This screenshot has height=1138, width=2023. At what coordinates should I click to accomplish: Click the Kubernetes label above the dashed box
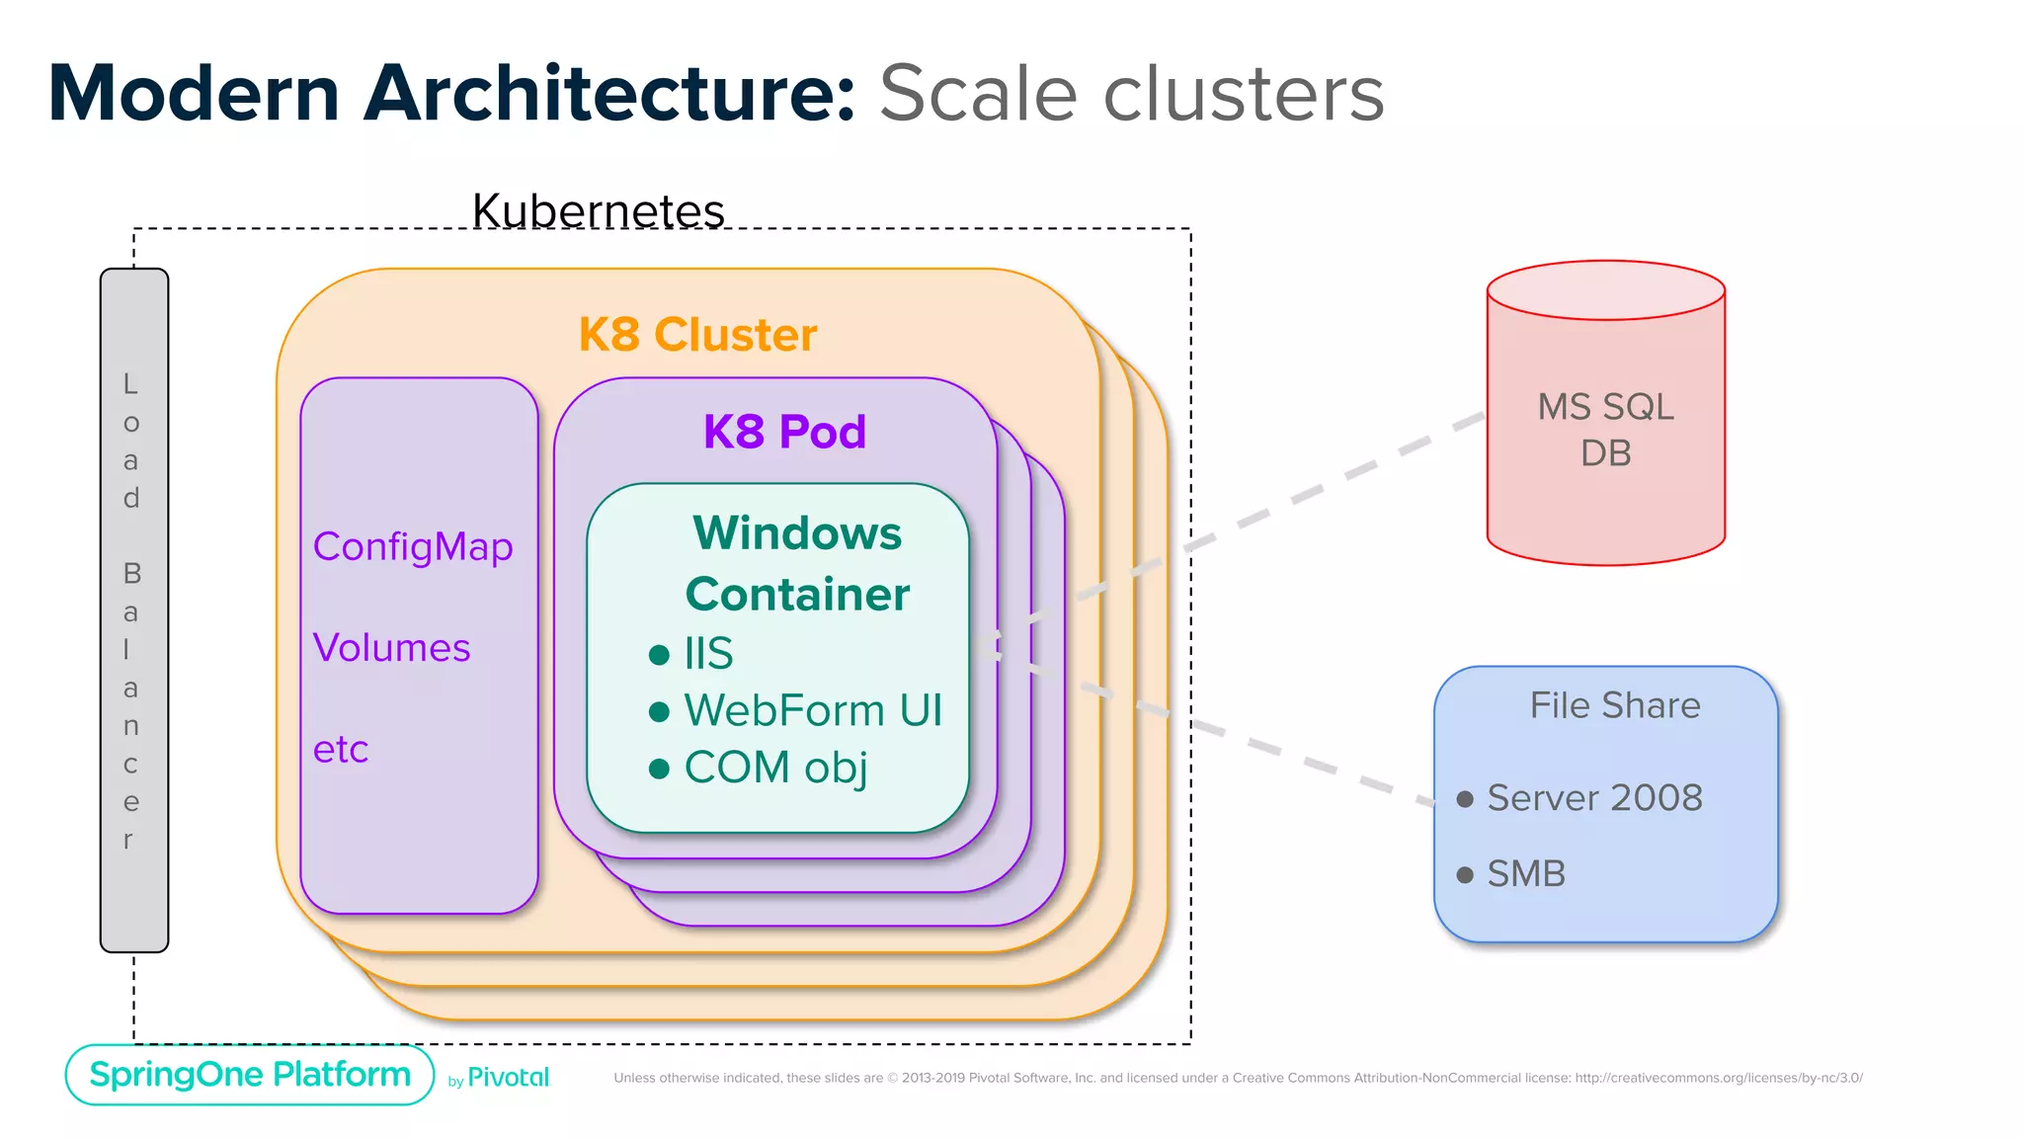[x=598, y=210]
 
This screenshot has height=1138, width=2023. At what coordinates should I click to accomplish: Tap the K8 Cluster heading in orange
[x=697, y=335]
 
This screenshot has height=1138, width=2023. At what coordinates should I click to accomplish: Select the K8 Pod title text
[x=784, y=432]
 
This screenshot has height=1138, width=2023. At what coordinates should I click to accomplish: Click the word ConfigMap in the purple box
[x=413, y=546]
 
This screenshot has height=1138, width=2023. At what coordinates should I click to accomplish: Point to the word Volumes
[x=391, y=648]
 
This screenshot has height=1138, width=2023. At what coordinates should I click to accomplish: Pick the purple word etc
[x=340, y=750]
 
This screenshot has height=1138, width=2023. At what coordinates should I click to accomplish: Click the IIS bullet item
[x=708, y=653]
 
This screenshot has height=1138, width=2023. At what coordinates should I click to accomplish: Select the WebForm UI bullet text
[x=812, y=710]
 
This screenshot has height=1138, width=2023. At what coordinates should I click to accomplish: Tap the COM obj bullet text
[x=775, y=768]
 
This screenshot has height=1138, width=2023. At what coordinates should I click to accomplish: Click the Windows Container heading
[x=797, y=563]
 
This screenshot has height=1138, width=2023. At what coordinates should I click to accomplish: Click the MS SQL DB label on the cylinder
[x=1605, y=430]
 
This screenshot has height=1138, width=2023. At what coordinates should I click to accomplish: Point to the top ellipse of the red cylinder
[x=1605, y=289]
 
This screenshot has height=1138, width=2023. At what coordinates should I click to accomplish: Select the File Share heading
[x=1614, y=705]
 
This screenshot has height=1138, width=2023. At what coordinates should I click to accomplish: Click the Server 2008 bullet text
[x=1594, y=797]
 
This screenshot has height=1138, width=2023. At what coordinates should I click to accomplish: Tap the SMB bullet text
[x=1526, y=873]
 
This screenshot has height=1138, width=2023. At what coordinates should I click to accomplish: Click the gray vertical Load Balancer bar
[x=134, y=610]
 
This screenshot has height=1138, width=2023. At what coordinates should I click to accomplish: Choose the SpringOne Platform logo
[x=250, y=1074]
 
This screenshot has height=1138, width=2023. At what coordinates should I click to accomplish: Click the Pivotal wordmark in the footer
[x=508, y=1077]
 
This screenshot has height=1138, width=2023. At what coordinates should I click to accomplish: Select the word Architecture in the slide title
[x=608, y=94]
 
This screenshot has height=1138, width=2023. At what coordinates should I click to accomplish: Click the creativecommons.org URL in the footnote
[x=1718, y=1078]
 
